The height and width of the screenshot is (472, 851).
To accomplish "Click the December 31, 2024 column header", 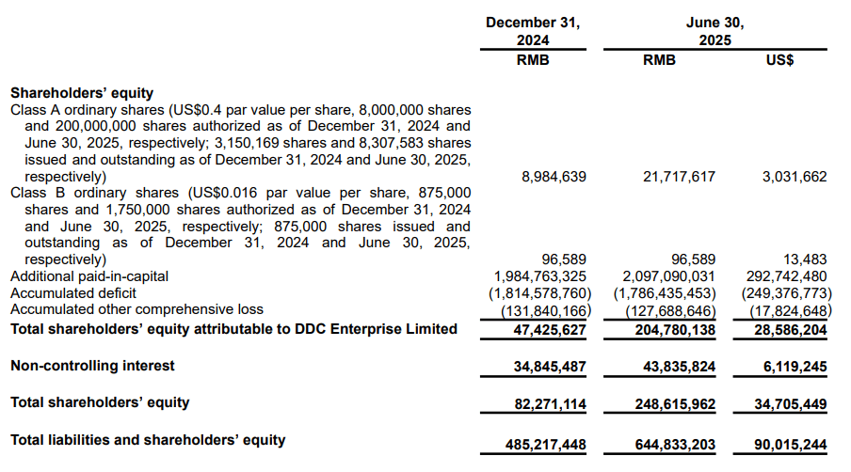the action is (533, 31).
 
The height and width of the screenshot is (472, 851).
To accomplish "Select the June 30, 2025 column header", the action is (715, 31).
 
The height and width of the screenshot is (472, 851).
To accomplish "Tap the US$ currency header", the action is (779, 59).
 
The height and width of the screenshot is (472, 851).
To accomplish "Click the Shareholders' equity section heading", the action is (82, 93).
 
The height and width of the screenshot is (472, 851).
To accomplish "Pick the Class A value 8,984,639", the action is (554, 177).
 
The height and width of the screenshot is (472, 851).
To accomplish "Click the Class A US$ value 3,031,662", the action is (795, 177).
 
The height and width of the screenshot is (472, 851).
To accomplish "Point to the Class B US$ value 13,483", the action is (805, 260).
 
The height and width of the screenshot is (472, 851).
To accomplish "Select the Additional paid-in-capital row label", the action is (89, 276).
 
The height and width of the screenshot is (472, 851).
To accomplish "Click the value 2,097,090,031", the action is (668, 276).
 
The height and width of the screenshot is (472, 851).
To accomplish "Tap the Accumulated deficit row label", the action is (73, 293).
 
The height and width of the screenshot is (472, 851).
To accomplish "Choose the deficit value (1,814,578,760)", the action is (540, 293).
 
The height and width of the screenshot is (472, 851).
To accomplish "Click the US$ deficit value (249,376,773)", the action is (786, 293).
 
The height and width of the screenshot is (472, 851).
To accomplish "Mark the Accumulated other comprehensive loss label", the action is (136, 309).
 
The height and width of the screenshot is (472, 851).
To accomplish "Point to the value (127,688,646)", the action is (670, 311).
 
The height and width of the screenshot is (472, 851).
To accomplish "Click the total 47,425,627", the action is (550, 330).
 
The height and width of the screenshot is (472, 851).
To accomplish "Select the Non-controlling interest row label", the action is (92, 366).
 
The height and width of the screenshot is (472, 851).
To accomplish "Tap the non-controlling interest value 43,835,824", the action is (679, 367).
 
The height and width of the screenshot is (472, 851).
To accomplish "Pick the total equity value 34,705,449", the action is (790, 404).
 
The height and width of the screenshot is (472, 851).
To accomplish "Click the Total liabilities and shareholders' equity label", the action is (148, 440).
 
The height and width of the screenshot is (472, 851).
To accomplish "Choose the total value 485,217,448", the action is (545, 445).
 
